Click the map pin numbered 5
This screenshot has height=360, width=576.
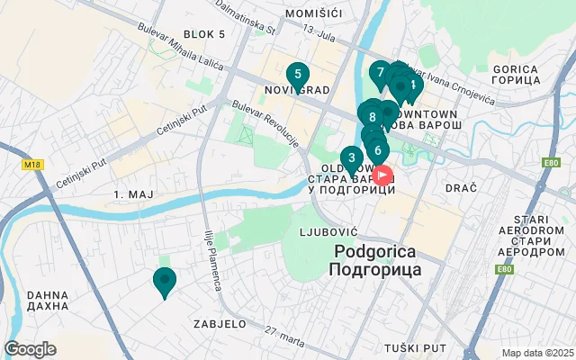tap(297, 76)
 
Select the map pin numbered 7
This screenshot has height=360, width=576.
tap(381, 73)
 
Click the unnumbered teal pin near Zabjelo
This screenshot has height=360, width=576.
tap(164, 282)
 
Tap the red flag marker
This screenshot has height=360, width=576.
tap(382, 174)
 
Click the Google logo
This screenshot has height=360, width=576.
tap(30, 349)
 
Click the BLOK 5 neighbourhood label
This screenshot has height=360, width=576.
tap(203, 34)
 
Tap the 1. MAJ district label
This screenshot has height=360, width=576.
tap(131, 195)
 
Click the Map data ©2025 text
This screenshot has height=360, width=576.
tap(536, 353)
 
